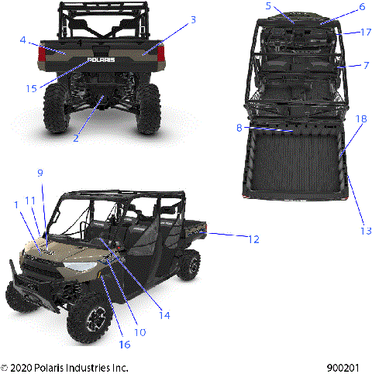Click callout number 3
193,19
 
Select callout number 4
24,39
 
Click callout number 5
268,6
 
